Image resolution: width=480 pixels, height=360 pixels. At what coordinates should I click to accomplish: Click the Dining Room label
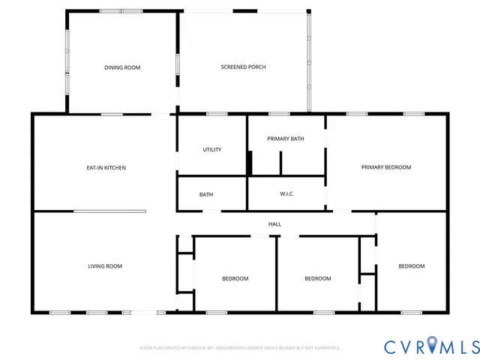click(x=122, y=67)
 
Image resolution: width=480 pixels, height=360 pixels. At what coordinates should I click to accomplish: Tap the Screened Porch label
click(x=243, y=67)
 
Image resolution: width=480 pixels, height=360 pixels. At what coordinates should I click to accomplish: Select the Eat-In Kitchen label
click(x=106, y=167)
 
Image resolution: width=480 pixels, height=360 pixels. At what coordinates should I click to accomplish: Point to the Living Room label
click(x=105, y=265)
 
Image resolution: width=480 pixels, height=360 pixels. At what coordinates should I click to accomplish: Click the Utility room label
click(x=212, y=149)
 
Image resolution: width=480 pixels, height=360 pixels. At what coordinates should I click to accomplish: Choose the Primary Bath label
click(x=286, y=139)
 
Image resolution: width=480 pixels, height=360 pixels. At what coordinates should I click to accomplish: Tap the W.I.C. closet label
click(x=286, y=194)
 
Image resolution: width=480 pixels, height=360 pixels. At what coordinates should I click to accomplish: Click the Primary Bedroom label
click(x=386, y=167)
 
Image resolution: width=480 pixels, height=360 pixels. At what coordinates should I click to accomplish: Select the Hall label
click(x=275, y=223)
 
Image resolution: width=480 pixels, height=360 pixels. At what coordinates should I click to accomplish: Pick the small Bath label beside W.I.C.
click(x=206, y=194)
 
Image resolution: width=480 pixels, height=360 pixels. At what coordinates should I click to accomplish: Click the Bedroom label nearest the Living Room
click(x=235, y=278)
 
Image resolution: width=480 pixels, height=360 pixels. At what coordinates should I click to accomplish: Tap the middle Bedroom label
click(x=317, y=278)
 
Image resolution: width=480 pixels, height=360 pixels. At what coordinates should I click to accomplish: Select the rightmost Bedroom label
click(x=411, y=265)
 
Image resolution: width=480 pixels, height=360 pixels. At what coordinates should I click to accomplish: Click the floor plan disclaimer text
click(x=240, y=348)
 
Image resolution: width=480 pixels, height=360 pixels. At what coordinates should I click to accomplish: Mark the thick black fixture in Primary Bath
click(x=250, y=162)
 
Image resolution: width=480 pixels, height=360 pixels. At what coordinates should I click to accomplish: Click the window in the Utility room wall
click(x=217, y=114)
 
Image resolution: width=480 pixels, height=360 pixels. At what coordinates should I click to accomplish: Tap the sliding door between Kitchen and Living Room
click(x=109, y=211)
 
